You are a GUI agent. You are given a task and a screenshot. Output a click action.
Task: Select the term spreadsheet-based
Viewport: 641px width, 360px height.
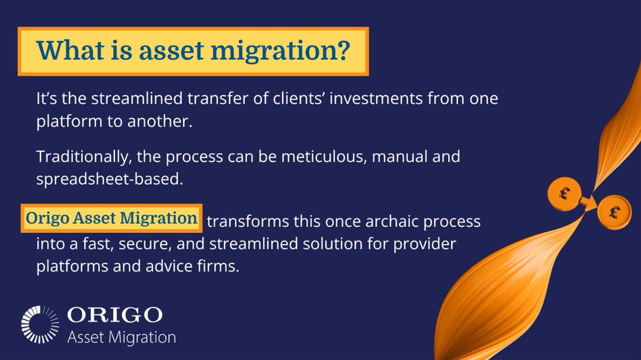[110, 179]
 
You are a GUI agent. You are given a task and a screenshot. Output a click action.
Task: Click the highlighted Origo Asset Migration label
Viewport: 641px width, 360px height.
[112, 218]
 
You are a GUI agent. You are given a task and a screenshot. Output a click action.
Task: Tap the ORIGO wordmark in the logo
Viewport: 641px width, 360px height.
[114, 315]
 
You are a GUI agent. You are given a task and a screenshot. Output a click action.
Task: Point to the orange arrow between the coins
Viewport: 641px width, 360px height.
[588, 201]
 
